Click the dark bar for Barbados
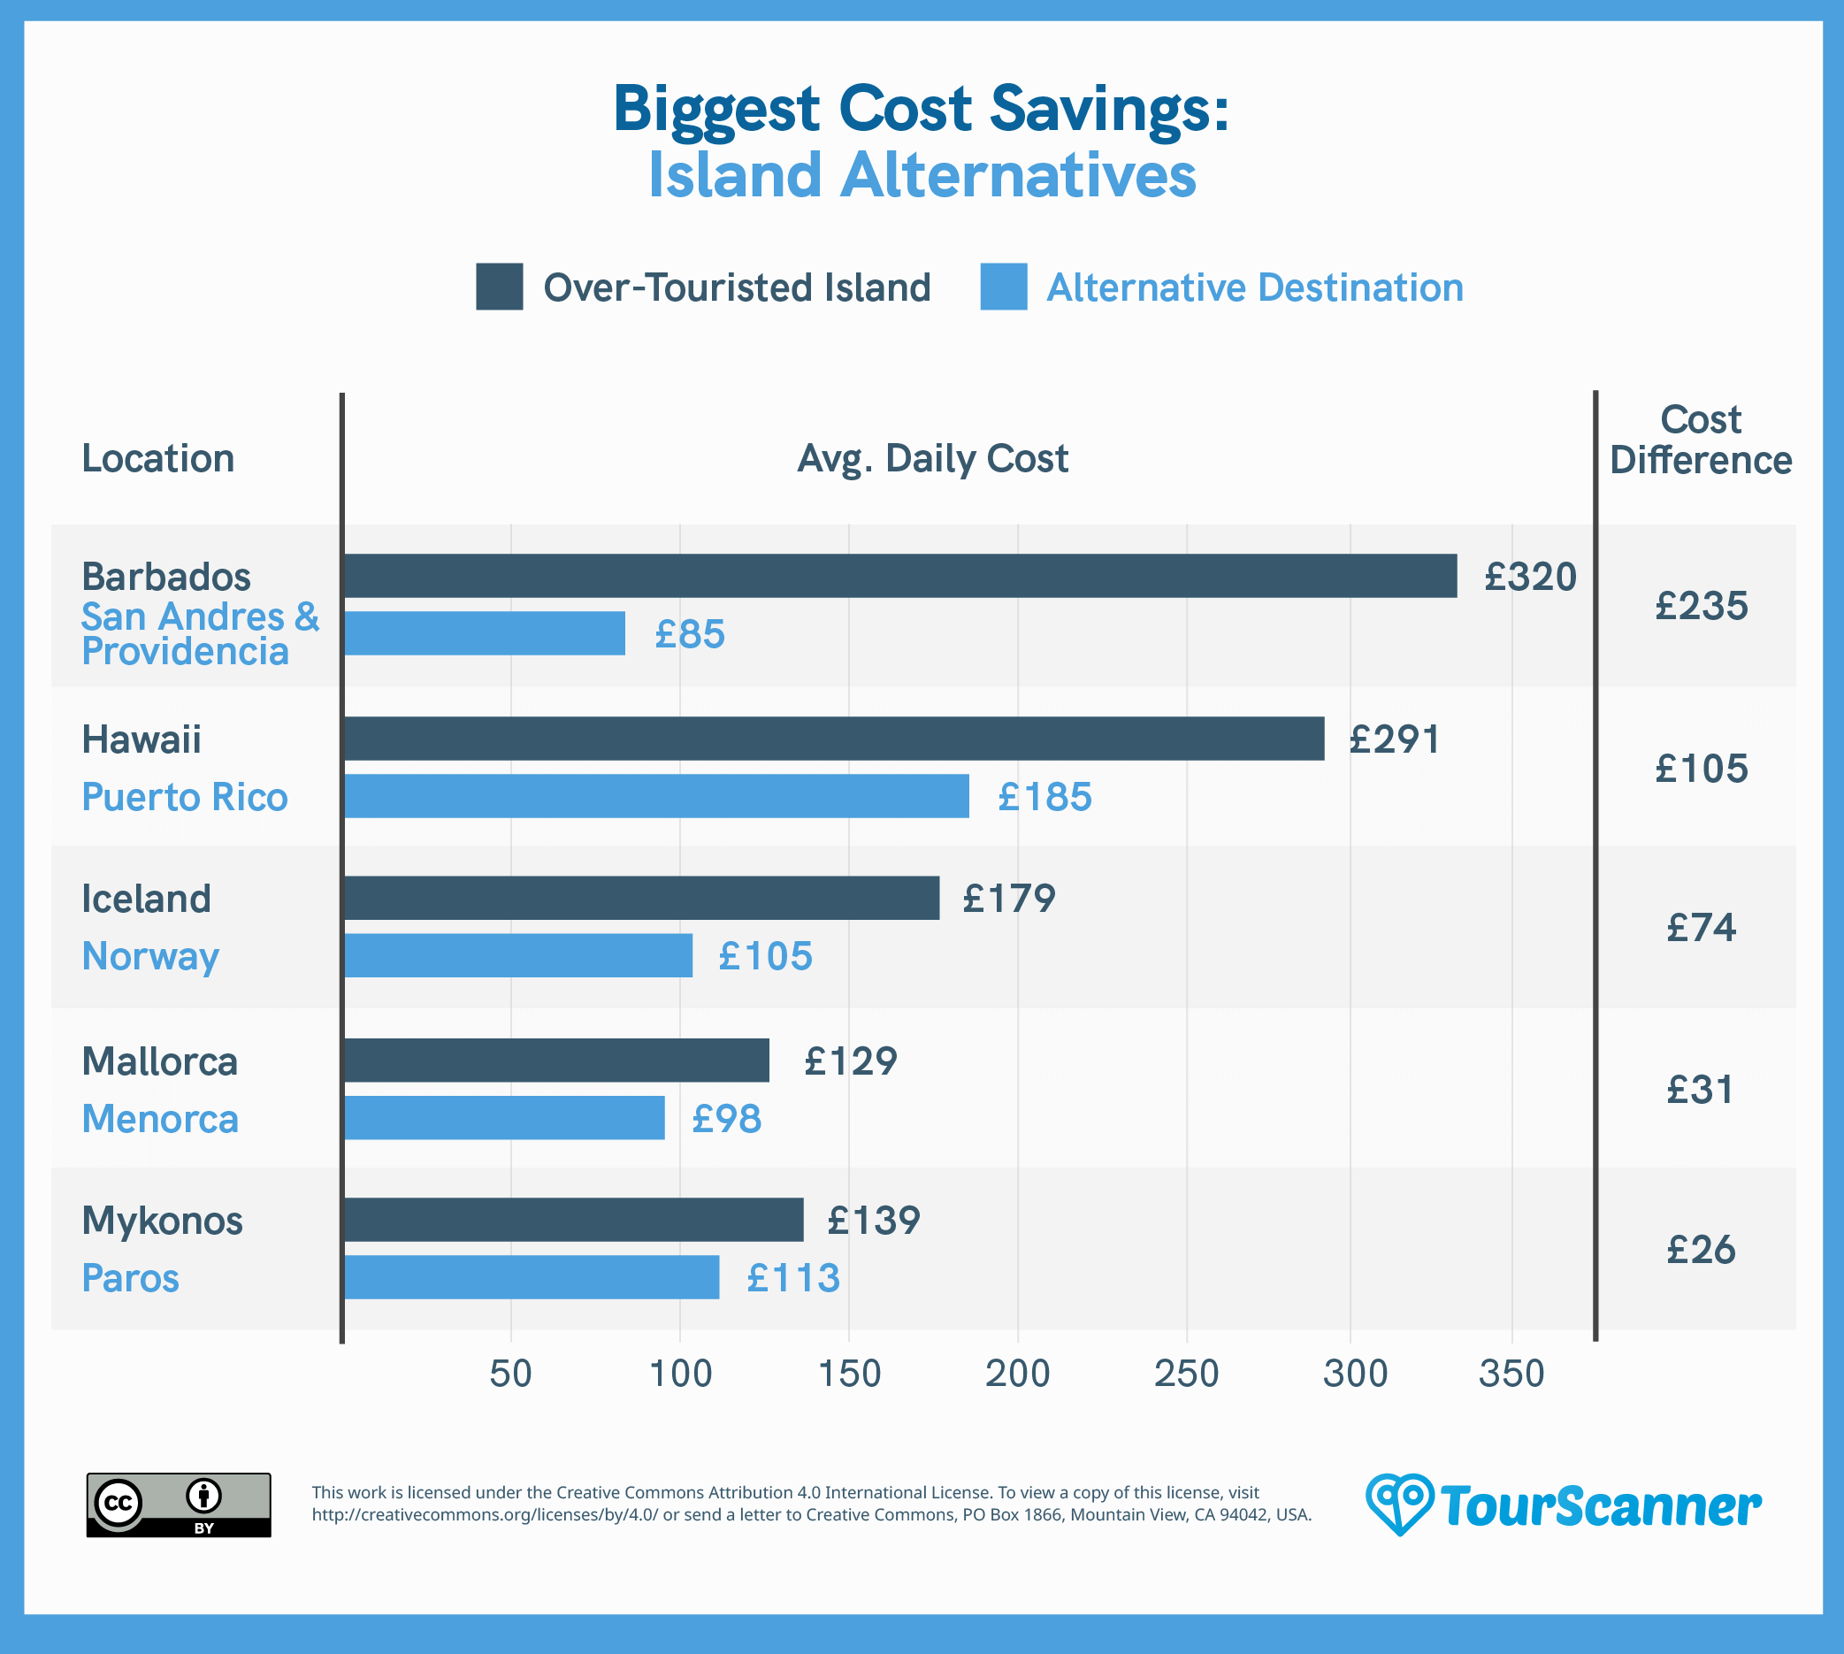click(899, 576)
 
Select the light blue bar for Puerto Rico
click(656, 796)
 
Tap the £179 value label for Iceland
click(1009, 899)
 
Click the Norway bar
click(518, 956)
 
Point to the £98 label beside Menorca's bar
click(726, 1119)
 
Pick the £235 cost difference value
click(1701, 606)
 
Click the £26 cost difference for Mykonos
click(1701, 1250)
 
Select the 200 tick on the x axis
click(1017, 1375)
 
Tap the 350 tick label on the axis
click(1511, 1375)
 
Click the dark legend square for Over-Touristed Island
click(499, 287)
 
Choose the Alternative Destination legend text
click(1254, 288)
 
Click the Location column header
click(158, 459)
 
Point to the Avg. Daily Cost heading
click(932, 459)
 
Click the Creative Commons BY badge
click(178, 1505)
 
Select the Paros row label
click(131, 1279)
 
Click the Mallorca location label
click(160, 1061)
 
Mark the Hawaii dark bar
click(833, 739)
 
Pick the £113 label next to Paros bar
click(792, 1278)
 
